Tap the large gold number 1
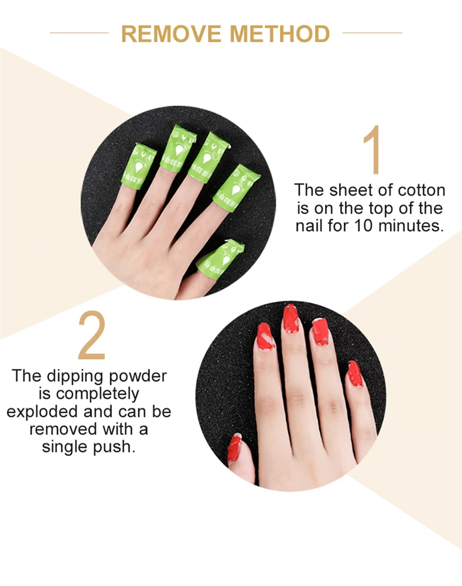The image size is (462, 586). (372, 150)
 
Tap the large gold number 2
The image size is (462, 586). (92, 338)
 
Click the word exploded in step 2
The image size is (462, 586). (40, 412)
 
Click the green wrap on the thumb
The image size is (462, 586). (220, 258)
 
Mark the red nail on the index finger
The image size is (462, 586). (265, 336)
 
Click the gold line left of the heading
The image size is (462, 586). (79, 33)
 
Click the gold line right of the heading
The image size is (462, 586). (372, 33)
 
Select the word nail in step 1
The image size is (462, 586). (309, 225)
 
